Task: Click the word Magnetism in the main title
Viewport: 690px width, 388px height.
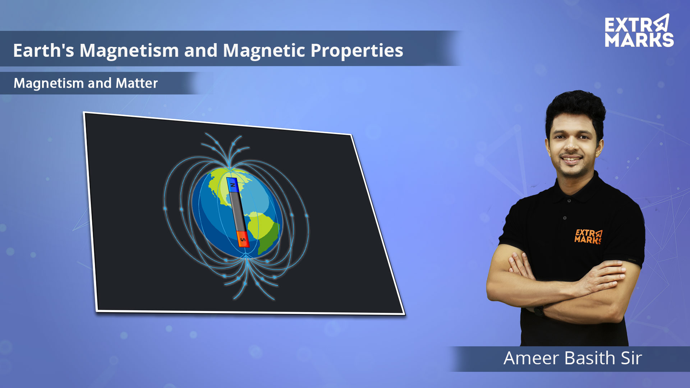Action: [129, 50]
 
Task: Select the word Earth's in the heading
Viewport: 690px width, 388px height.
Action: [43, 50]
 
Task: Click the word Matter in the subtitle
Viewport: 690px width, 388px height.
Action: [137, 83]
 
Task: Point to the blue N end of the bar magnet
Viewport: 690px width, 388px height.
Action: [232, 185]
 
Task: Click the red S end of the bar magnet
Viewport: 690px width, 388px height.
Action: [243, 239]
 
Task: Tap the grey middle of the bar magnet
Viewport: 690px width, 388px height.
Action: [238, 212]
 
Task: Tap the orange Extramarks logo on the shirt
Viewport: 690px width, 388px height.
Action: [588, 236]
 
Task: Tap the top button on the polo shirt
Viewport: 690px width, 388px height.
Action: [569, 200]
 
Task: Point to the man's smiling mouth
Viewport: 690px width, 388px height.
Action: [571, 159]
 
